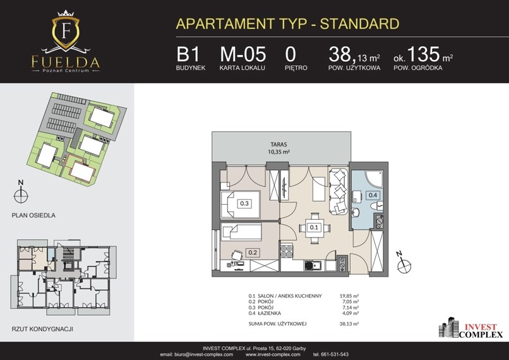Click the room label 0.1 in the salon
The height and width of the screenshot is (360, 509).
[314, 227]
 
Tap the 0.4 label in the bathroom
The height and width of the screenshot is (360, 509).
[373, 195]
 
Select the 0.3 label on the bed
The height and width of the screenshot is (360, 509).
[244, 203]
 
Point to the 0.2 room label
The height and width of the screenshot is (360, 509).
[253, 252]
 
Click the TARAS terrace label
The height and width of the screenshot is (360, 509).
[279, 145]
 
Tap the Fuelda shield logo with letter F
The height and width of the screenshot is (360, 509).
[66, 30]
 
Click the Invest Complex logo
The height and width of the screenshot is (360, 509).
[470, 328]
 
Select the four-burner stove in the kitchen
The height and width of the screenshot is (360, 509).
[287, 251]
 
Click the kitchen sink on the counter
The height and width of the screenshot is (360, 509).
[313, 266]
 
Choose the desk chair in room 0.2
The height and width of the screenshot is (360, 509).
[237, 254]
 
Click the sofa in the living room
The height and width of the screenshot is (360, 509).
[338, 191]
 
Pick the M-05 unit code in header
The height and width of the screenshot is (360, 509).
[243, 54]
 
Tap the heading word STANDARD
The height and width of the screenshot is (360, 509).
[360, 24]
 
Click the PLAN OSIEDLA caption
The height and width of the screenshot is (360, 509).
[33, 215]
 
